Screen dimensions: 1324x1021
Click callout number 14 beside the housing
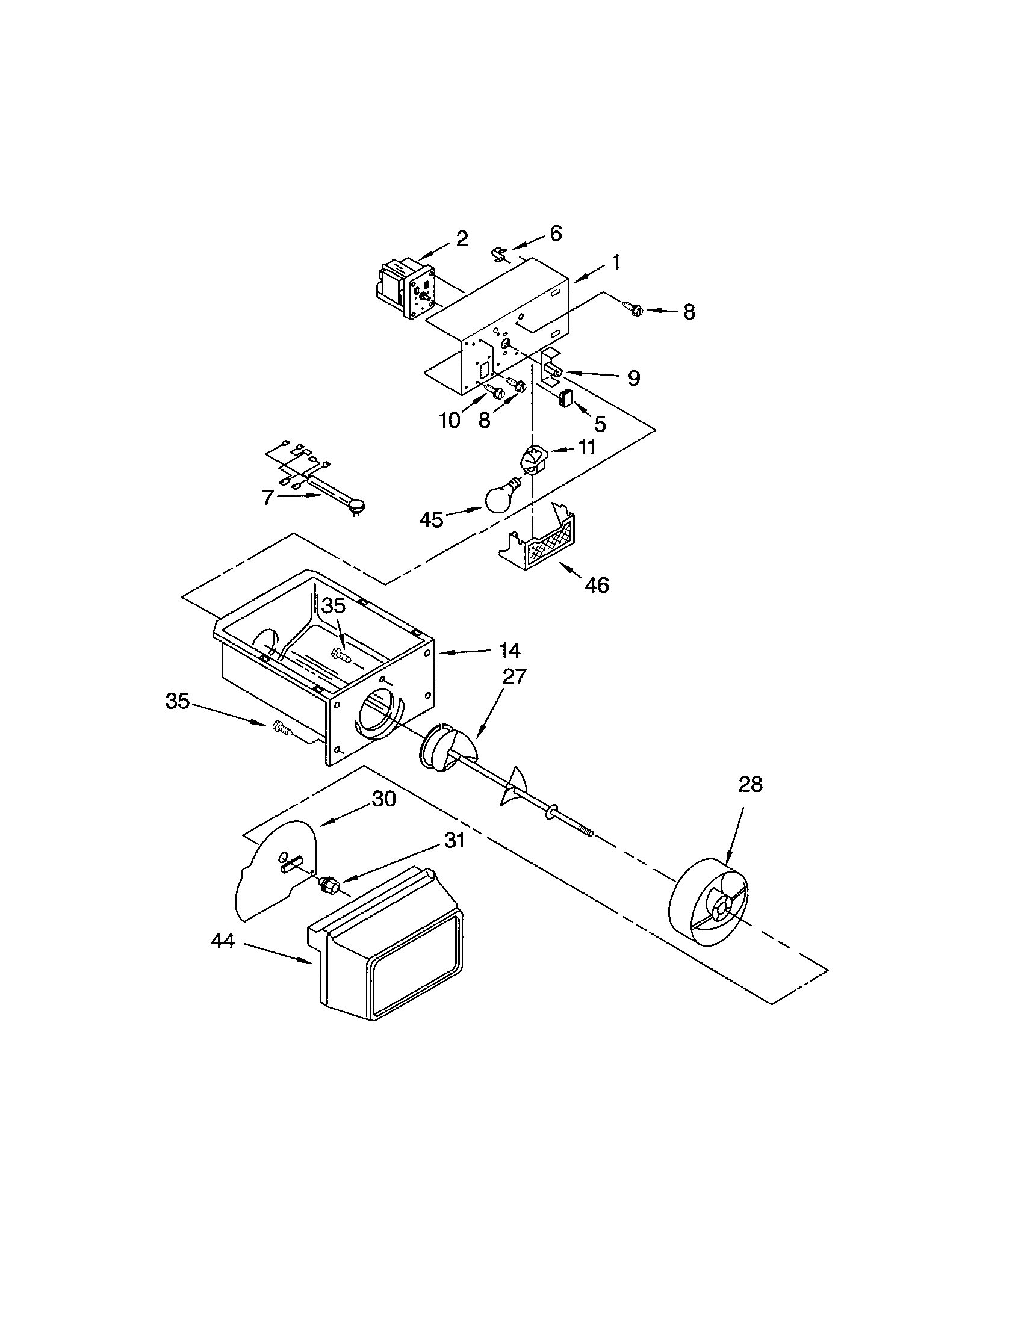click(x=510, y=651)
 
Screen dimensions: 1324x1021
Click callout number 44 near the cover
click(x=223, y=941)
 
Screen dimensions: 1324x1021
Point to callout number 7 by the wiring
click(x=267, y=497)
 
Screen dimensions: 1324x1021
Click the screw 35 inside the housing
click(x=341, y=654)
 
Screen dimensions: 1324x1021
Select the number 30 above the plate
click(x=384, y=799)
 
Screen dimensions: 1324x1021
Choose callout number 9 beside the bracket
click(x=633, y=379)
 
